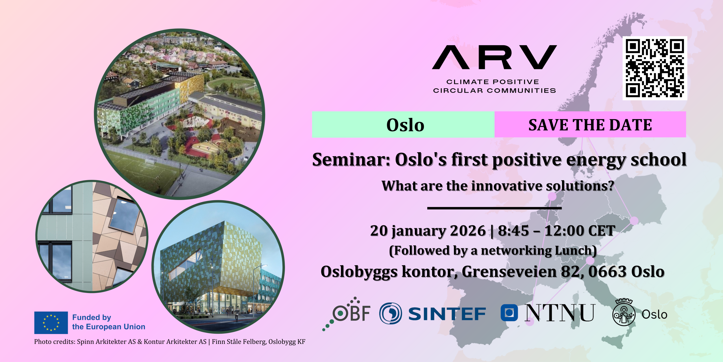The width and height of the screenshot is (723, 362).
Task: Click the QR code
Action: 655,68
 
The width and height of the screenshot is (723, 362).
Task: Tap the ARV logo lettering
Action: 494,57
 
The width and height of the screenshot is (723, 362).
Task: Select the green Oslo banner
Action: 403,124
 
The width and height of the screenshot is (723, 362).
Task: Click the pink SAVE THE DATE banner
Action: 590,124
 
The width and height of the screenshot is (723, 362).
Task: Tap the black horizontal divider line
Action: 494,208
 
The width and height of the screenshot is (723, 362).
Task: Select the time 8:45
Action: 513,231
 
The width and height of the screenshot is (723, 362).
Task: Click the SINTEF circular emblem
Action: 391,313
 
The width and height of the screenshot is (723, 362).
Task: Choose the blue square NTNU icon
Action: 509,313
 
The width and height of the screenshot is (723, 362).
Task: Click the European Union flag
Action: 51,323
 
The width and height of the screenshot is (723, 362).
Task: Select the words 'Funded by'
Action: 92,317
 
